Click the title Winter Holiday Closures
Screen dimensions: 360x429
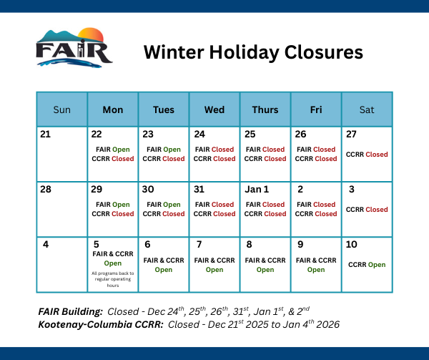tap(253, 52)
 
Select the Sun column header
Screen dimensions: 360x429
tap(62, 110)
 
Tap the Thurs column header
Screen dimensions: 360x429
tap(265, 110)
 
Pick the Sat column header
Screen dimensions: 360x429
tap(367, 110)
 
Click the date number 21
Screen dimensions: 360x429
tap(46, 134)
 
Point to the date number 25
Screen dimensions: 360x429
tap(251, 134)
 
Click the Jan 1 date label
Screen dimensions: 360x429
tap(257, 189)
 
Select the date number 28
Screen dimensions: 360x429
tap(46, 189)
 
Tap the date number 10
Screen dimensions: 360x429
tap(352, 244)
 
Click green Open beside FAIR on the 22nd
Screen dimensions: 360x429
tap(121, 150)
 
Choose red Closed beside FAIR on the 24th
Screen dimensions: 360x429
tap(223, 150)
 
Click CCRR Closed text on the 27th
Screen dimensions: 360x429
tap(367, 155)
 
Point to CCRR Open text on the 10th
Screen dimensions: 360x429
tap(367, 265)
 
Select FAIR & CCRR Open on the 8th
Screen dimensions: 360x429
tap(265, 265)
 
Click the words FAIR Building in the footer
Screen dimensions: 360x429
tap(70, 312)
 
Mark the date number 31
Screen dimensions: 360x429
tap(200, 189)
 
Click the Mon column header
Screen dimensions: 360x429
tap(113, 110)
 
